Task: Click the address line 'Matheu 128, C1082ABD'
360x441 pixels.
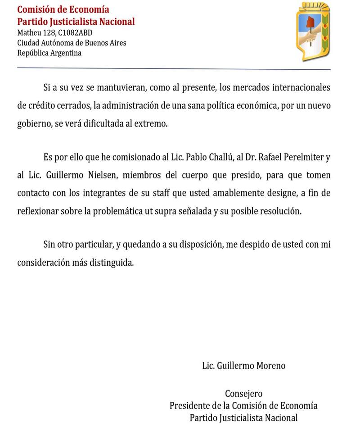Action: coord(55,32)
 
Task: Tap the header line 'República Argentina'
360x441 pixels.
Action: coord(49,53)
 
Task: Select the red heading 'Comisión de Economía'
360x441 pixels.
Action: coord(63,9)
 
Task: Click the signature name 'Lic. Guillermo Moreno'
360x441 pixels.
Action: coord(243,365)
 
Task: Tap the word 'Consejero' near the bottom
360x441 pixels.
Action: coord(243,393)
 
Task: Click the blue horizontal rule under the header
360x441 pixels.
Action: coord(174,68)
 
